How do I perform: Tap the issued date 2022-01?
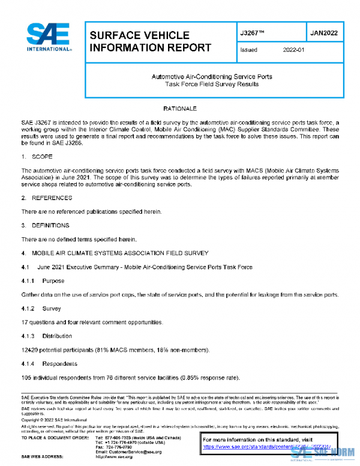click(294, 50)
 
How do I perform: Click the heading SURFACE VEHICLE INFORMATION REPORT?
click(150, 41)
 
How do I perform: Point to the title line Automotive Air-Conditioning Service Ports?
click(212, 77)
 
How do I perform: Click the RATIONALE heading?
click(180, 109)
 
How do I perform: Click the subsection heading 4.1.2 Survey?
click(41, 308)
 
